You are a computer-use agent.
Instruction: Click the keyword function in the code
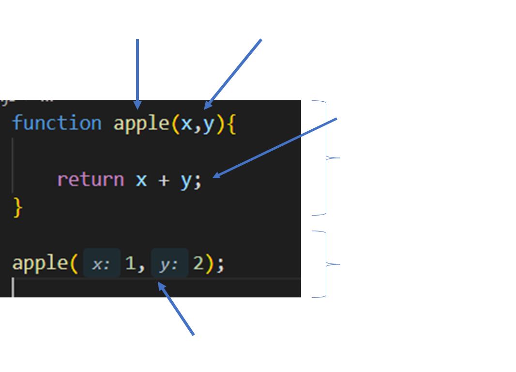point(57,123)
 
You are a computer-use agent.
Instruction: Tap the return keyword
point(91,180)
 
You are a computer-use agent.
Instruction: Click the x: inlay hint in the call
point(101,264)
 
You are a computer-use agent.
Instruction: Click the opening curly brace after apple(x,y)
point(230,124)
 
